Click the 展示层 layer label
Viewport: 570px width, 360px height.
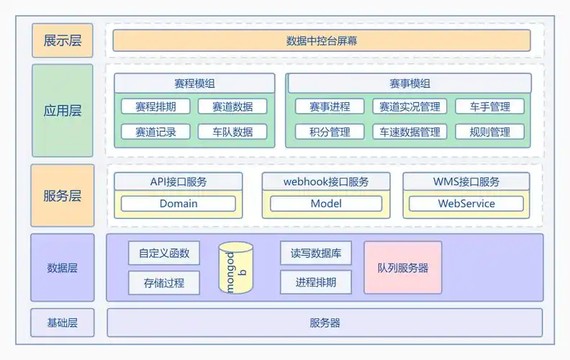click(x=63, y=40)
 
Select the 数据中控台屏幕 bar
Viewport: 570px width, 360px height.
click(x=322, y=40)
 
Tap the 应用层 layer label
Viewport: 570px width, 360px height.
click(x=63, y=111)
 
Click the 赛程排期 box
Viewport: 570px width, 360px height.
click(x=155, y=107)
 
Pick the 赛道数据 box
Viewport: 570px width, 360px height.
click(x=232, y=107)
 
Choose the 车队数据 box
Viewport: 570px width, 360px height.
click(x=232, y=132)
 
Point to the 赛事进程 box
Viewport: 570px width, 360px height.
click(x=330, y=107)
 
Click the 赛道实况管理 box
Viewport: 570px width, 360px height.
click(x=410, y=107)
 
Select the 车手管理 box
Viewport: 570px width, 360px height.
click(x=489, y=107)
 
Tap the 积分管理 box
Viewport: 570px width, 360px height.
click(x=330, y=132)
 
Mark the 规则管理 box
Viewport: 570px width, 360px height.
click(x=489, y=132)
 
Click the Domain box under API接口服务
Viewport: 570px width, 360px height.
click(x=178, y=204)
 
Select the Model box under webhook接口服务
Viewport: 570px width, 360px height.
click(x=326, y=204)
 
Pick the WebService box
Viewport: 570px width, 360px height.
click(x=466, y=204)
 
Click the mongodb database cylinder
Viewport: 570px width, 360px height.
click(x=236, y=268)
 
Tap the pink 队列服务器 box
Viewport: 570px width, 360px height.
click(x=402, y=268)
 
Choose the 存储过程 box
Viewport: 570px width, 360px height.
click(x=164, y=283)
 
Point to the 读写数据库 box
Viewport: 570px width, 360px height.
click(x=315, y=253)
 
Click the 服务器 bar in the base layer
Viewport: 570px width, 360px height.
click(x=325, y=323)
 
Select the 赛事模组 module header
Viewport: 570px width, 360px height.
click(x=409, y=84)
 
